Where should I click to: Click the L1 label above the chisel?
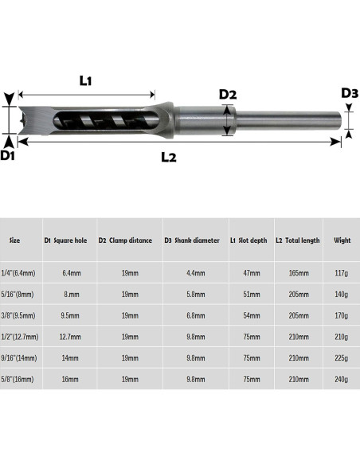[85, 80]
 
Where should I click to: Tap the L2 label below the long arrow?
[169, 157]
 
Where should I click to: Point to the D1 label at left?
[7, 155]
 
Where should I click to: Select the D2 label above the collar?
[228, 94]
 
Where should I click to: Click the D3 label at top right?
[350, 93]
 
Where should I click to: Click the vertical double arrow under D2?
[227, 120]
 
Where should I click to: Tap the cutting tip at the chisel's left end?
[21, 120]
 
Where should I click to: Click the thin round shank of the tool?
[289, 120]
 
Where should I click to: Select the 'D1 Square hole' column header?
[65, 240]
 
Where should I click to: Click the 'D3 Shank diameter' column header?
[192, 240]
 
